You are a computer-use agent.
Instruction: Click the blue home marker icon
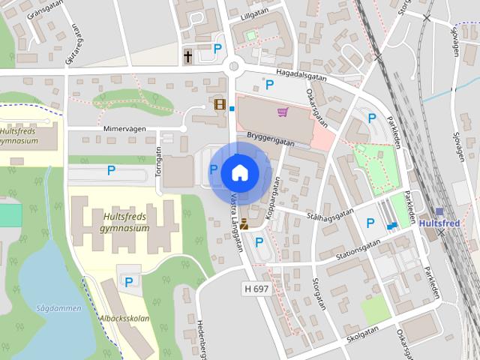(239, 172)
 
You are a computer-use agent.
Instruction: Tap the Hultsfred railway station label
(439, 223)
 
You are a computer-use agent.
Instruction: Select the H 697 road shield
(256, 288)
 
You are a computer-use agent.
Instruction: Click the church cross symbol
(188, 55)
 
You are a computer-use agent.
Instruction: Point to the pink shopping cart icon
(283, 112)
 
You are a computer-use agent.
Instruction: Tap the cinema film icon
(220, 104)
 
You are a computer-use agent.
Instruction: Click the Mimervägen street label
(124, 129)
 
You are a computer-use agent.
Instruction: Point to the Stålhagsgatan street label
(329, 213)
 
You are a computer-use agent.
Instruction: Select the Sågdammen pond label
(52, 307)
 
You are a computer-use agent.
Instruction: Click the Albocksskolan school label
(124, 318)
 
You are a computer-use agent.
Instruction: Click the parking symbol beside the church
(218, 48)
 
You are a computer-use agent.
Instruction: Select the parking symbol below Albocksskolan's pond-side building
(128, 282)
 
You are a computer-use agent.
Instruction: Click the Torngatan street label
(158, 158)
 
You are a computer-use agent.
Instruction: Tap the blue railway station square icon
(439, 212)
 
